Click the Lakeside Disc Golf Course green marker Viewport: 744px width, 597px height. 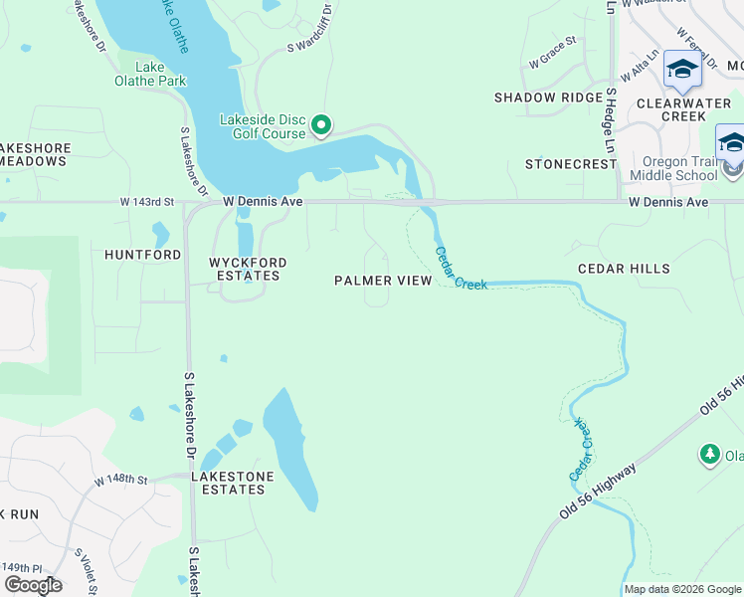pos(321,125)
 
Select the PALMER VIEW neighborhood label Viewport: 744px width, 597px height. pos(383,281)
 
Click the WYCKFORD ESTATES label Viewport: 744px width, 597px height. pos(248,270)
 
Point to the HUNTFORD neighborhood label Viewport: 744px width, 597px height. pos(143,255)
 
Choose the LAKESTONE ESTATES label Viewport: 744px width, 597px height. pos(232,484)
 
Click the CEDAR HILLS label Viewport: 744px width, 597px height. pos(624,269)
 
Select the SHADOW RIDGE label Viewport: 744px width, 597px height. pos(548,98)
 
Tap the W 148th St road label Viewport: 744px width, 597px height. pos(120,481)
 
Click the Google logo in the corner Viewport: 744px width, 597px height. pos(33,585)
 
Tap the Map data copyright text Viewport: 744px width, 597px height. pos(681,589)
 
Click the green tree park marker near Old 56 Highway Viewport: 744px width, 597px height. pos(709,455)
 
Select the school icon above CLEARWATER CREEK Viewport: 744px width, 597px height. pos(682,70)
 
